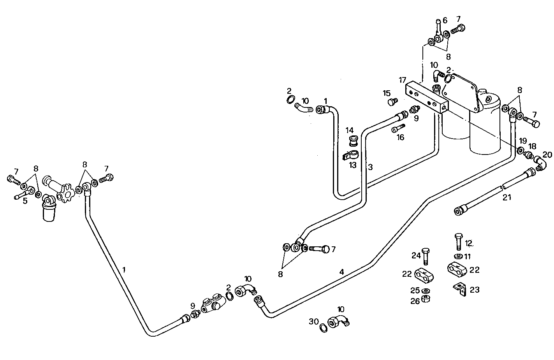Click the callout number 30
pyautogui.click(x=314, y=321)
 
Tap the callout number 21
pyautogui.click(x=507, y=197)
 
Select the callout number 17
pyautogui.click(x=402, y=80)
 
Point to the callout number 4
pyautogui.click(x=341, y=272)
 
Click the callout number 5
pyautogui.click(x=25, y=201)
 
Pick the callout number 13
pyautogui.click(x=352, y=165)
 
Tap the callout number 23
pyautogui.click(x=475, y=290)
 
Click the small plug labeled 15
pyautogui.click(x=392, y=102)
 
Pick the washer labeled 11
pyautogui.click(x=458, y=256)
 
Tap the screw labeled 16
pyautogui.click(x=398, y=128)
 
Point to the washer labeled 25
pyautogui.click(x=426, y=291)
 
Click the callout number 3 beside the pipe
pyautogui.click(x=370, y=167)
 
